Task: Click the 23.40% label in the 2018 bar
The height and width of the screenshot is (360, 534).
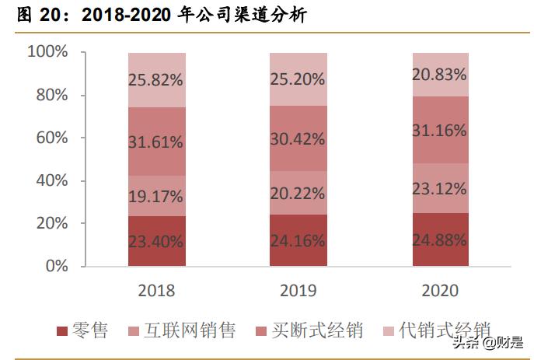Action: click(x=156, y=241)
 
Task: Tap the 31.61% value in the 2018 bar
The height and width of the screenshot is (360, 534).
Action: click(x=156, y=142)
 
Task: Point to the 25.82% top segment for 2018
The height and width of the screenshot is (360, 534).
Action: click(x=156, y=79)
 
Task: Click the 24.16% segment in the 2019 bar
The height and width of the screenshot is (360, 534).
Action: click(x=298, y=241)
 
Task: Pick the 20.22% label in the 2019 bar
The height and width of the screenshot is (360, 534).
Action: click(x=298, y=197)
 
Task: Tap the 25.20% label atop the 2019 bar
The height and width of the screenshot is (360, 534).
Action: click(x=298, y=79)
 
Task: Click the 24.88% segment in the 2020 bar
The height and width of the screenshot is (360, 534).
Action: click(x=440, y=239)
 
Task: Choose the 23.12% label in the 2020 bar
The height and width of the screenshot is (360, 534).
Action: click(x=440, y=188)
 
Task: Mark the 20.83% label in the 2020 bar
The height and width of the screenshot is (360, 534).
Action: click(x=440, y=75)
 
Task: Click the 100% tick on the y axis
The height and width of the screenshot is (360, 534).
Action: click(x=48, y=52)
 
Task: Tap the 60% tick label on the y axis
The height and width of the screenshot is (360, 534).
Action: click(x=52, y=138)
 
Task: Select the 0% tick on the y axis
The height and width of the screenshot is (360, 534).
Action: click(x=56, y=266)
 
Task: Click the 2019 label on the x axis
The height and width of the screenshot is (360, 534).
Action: click(x=298, y=291)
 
